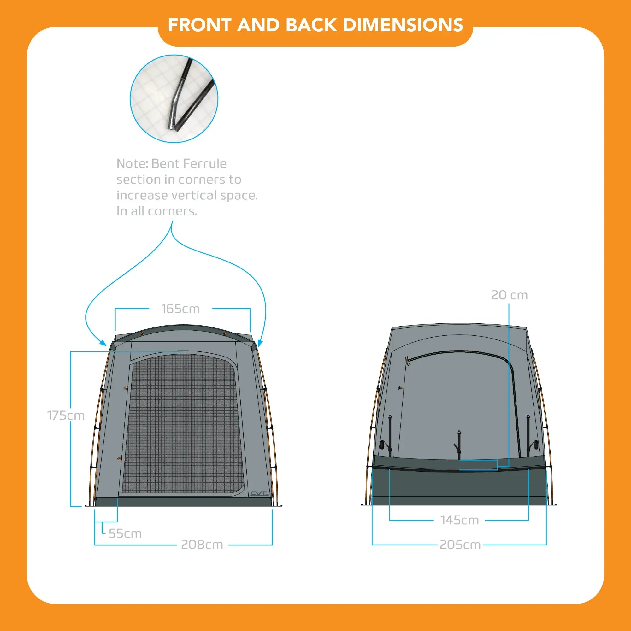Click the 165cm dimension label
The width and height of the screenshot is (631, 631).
[180, 309]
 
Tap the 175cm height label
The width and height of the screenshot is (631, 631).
[66, 416]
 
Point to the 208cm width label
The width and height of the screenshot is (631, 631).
[202, 545]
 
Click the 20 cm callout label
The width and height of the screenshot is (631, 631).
[509, 295]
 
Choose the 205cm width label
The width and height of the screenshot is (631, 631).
[460, 545]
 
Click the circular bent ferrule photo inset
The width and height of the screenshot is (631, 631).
[174, 99]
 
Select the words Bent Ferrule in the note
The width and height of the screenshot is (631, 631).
[189, 163]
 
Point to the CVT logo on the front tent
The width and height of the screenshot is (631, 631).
[259, 494]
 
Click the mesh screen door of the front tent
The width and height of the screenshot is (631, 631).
[183, 425]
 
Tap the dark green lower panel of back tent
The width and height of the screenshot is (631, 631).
[459, 487]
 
